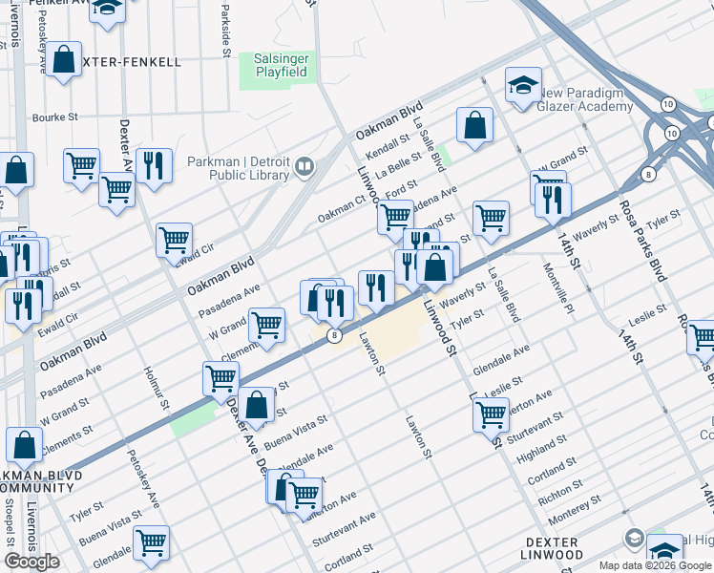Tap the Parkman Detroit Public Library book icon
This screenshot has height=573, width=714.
[304, 168]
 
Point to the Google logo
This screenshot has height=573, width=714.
[31, 562]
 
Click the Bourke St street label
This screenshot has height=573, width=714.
[53, 117]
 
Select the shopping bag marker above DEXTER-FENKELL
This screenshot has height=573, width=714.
[64, 60]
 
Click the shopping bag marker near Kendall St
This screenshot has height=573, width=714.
[474, 125]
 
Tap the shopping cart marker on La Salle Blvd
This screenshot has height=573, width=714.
[491, 217]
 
